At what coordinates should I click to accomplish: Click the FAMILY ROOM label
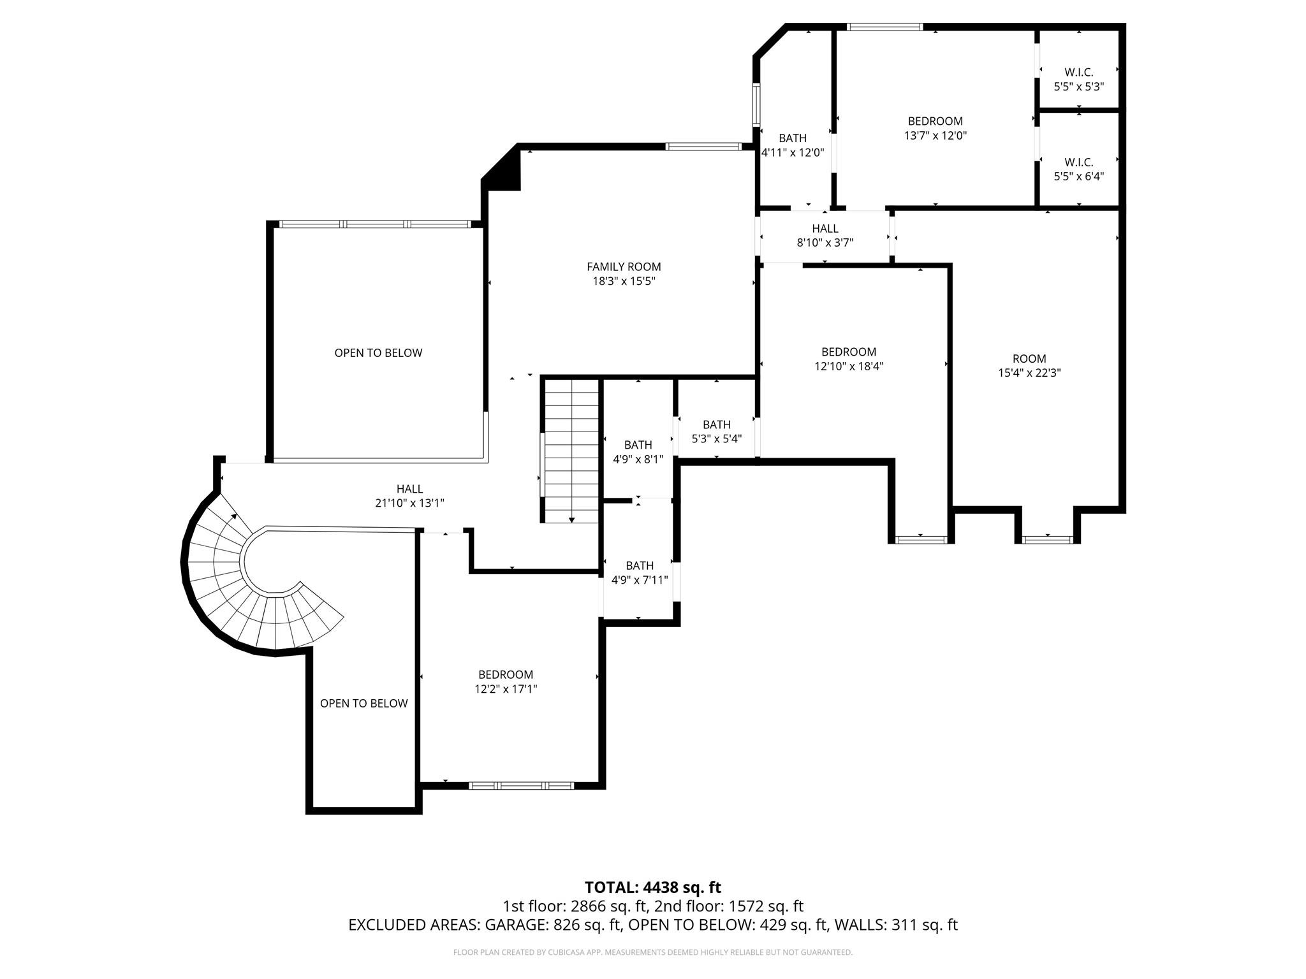point(624,267)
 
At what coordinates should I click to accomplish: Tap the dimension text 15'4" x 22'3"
point(1029,373)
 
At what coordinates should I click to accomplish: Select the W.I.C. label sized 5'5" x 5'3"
point(1078,73)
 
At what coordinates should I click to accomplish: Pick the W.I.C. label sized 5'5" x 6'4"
point(1078,163)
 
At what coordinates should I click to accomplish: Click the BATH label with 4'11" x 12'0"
point(793,138)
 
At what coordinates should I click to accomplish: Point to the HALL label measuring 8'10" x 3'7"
point(825,229)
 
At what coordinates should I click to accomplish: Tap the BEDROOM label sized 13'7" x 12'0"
point(935,121)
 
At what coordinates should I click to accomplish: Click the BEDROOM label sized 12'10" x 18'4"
point(849,352)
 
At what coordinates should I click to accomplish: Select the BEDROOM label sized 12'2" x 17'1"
point(506,674)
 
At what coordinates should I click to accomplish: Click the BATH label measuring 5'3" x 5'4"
point(717,424)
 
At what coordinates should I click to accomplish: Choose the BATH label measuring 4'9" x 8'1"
point(638,445)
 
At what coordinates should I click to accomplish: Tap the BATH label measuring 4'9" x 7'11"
point(640,565)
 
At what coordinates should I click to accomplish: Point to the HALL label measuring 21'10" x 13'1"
point(409,489)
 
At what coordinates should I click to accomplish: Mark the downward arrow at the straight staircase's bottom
point(571,519)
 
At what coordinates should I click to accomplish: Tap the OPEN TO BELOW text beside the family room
point(378,353)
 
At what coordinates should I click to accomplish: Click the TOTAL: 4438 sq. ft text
point(653,887)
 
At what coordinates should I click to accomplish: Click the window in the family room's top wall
point(703,147)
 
